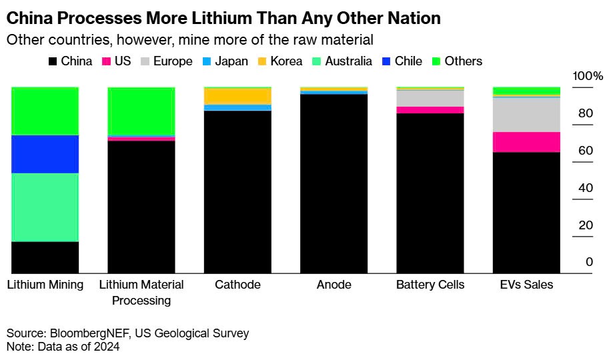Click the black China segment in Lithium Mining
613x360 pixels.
(45, 257)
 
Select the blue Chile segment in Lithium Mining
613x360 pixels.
(45, 154)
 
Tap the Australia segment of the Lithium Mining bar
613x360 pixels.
(45, 207)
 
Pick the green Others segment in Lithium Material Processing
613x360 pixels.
(141, 111)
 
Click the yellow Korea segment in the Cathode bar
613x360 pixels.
(237, 96)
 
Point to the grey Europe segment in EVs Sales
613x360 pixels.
(526, 115)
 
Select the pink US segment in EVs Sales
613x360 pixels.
(526, 142)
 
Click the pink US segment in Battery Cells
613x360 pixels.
(430, 110)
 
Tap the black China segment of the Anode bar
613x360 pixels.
(334, 183)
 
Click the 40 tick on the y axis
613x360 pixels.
(586, 188)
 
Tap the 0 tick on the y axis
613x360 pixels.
(589, 262)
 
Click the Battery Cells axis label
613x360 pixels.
(430, 285)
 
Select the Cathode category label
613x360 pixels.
(237, 285)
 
